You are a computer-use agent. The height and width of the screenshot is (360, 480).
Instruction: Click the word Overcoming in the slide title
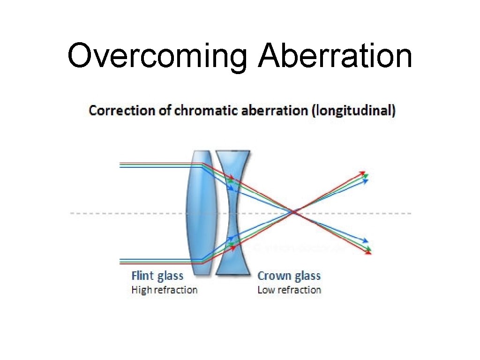coord(157,56)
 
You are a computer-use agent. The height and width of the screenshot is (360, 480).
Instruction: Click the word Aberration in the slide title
coord(335,55)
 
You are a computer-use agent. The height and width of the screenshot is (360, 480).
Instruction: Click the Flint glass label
coord(157,276)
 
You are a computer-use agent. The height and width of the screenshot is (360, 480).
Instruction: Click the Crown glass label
coord(289,276)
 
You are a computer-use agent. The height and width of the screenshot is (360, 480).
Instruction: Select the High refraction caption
coord(164,290)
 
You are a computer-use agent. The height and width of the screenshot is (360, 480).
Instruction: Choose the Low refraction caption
coord(289,290)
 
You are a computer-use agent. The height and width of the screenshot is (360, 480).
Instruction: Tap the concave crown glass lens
coord(233,213)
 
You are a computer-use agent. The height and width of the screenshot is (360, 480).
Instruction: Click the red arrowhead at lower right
coord(368,252)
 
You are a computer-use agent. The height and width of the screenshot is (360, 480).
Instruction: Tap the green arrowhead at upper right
coord(365,176)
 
